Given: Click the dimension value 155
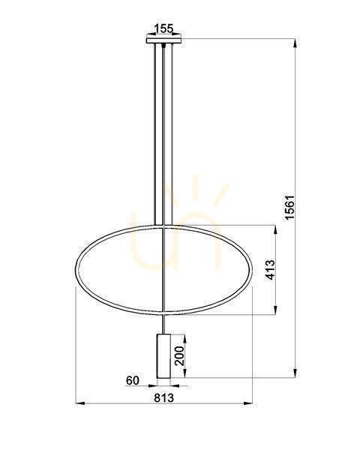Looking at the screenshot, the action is point(164,28).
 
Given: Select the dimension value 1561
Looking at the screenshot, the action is point(289,208).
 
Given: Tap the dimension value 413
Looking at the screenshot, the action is point(270,270).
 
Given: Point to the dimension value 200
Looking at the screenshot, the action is point(179,355).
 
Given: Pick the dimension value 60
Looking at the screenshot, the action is point(132,380).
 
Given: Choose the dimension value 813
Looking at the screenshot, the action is point(164,397).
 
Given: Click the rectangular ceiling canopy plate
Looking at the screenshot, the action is point(164,40).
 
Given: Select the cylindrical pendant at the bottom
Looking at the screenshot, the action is point(163,355).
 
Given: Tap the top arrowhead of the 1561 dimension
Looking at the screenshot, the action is point(296,43).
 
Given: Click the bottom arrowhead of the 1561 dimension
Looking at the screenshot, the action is point(296,373).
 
